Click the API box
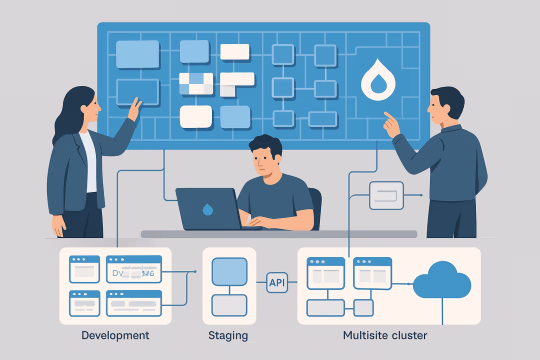(278, 283)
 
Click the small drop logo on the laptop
(206, 210)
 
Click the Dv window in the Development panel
(132, 269)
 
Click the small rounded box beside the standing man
(386, 195)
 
